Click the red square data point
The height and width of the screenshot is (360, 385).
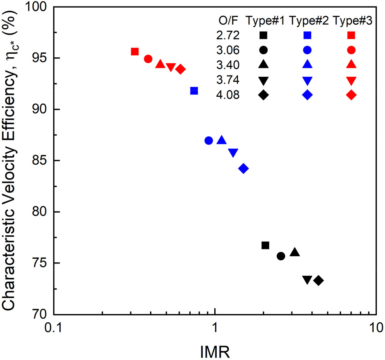tap(135, 52)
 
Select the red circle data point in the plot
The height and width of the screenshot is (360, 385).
tap(148, 59)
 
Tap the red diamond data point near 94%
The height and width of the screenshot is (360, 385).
tap(180, 69)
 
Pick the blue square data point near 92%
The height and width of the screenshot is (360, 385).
tap(194, 91)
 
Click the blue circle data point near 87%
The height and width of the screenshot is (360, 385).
tap(209, 140)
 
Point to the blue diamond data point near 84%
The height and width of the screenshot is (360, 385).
tap(243, 169)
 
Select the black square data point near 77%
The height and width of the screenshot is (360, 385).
tap(265, 245)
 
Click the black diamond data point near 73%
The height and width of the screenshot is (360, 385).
tap(319, 280)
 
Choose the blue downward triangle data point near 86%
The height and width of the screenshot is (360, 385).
tap(233, 153)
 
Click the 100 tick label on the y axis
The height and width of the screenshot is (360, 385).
tap(37, 7)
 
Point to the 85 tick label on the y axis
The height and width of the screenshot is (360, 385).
tap(40, 161)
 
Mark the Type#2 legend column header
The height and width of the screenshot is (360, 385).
tap(307, 21)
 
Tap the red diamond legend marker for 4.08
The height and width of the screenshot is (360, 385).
tap(351, 95)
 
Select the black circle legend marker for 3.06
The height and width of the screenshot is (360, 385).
tap(263, 50)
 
